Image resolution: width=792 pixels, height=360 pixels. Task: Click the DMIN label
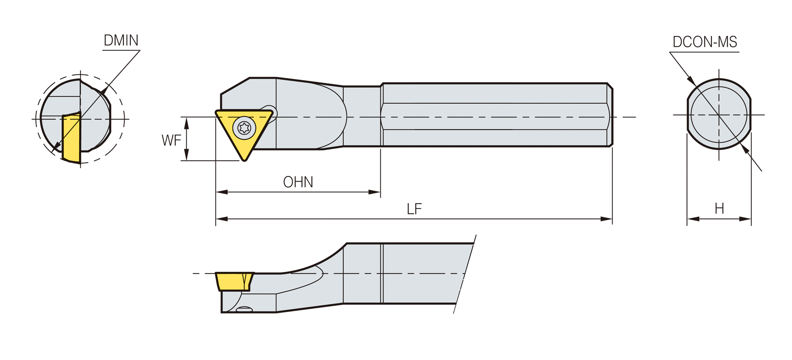click(121, 40)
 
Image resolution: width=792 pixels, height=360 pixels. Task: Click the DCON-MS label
click(705, 42)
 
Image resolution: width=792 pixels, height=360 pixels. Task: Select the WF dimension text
click(171, 141)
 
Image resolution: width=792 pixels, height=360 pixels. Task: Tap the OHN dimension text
click(298, 182)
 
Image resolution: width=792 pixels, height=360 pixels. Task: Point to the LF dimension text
click(414, 209)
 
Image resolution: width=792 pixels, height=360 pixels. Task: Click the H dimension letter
click(719, 208)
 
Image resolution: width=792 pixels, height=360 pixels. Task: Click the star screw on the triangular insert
click(244, 128)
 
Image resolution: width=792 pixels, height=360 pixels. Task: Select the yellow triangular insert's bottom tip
click(245, 160)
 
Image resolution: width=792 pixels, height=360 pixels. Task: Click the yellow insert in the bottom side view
click(234, 282)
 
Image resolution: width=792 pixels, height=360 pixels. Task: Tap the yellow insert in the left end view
click(71, 138)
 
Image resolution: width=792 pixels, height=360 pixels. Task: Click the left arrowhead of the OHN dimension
click(222, 192)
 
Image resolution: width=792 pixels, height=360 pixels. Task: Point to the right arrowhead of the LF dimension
click(606, 219)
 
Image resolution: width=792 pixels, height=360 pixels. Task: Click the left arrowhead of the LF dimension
click(222, 219)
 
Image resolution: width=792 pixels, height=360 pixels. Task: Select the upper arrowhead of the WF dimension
click(186, 123)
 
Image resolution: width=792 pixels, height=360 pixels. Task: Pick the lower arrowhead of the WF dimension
click(186, 155)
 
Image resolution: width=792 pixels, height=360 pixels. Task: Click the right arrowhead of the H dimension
click(745, 219)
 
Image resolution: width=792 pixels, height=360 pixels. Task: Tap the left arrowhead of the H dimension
click(693, 219)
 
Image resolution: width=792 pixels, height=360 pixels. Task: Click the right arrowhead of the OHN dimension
click(374, 192)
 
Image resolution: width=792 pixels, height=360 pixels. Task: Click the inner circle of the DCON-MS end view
click(719, 87)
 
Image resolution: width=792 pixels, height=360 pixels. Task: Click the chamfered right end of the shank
click(610, 115)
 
